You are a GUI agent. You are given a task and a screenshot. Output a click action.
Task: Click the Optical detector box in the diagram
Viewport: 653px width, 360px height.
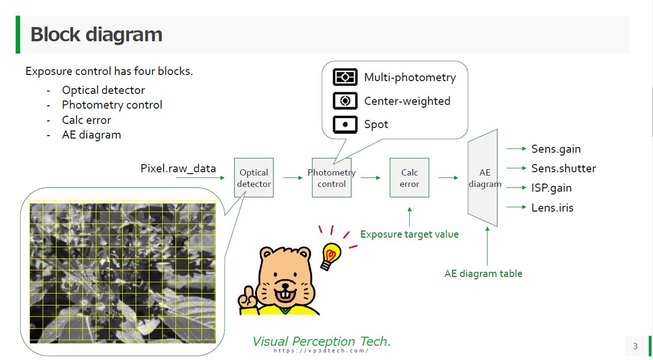click(x=254, y=177)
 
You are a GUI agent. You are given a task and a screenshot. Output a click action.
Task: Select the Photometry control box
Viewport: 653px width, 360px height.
click(x=332, y=177)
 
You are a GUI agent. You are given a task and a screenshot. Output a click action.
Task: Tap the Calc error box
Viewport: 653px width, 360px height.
click(x=409, y=177)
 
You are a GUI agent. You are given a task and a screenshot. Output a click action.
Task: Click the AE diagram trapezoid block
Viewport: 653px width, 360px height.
click(x=483, y=177)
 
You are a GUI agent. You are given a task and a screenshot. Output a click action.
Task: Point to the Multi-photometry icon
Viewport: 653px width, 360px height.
click(x=345, y=77)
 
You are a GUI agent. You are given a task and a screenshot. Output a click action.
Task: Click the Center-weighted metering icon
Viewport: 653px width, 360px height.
click(x=345, y=101)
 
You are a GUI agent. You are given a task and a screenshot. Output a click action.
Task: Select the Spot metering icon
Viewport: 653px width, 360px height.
click(x=345, y=124)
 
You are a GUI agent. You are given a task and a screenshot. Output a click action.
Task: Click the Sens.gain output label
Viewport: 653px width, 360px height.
click(x=556, y=149)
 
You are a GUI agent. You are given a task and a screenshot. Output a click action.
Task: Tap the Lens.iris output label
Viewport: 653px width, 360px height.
click(x=552, y=208)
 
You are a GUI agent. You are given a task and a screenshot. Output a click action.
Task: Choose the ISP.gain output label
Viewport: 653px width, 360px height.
click(x=551, y=188)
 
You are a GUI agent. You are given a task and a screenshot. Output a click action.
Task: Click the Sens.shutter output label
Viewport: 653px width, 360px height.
click(x=564, y=168)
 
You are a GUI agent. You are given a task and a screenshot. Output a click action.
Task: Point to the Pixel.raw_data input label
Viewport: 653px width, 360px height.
click(x=178, y=169)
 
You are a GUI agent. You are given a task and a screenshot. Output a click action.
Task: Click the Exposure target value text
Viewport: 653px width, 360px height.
click(x=409, y=235)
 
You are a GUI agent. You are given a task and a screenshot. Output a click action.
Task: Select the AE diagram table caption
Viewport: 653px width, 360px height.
click(x=483, y=274)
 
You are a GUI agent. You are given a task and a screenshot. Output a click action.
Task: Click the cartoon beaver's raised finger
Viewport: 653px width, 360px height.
click(x=249, y=293)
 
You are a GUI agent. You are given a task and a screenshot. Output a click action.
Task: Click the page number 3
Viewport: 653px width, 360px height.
click(x=635, y=346)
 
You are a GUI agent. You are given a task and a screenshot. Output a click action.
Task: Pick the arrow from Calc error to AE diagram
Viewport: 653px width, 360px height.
click(x=448, y=177)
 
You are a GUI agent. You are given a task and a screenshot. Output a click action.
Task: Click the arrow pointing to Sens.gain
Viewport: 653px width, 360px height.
click(x=516, y=148)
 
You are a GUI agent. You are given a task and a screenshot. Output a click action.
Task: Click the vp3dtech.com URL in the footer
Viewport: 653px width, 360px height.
click(x=321, y=351)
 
